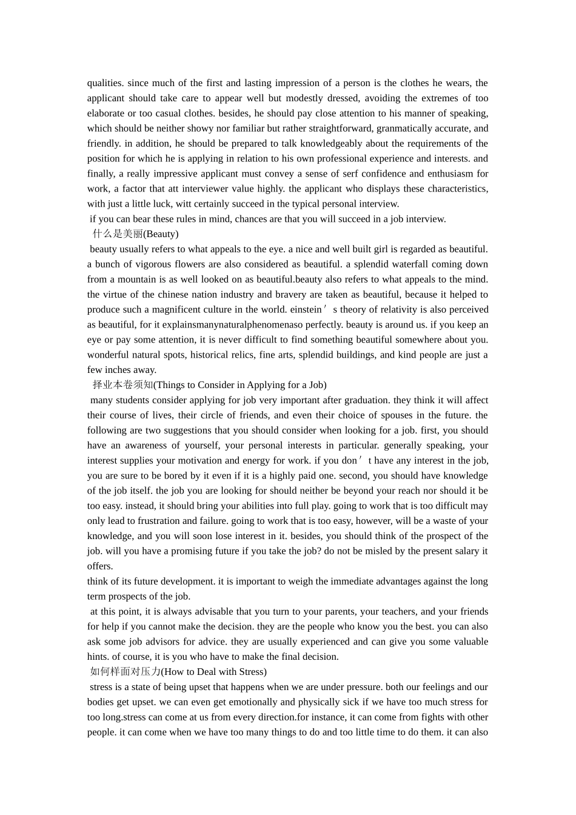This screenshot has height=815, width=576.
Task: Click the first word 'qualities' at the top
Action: [105, 83]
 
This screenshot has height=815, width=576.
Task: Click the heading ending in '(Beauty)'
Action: [135, 234]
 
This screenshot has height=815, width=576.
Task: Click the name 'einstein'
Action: [306, 310]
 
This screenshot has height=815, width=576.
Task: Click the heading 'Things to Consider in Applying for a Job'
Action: [241, 385]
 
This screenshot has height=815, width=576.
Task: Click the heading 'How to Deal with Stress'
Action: [215, 672]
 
